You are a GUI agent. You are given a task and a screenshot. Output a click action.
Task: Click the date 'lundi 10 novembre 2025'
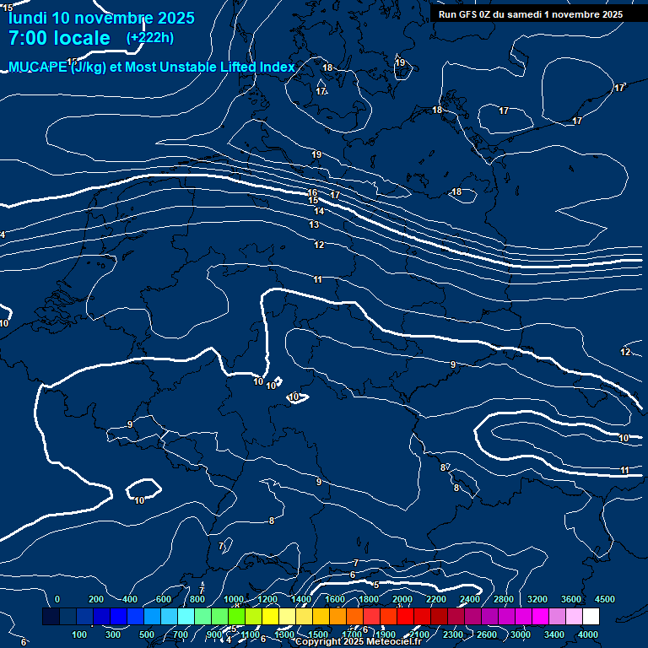(x=101, y=18)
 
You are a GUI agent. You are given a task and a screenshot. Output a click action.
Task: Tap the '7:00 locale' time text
(x=59, y=38)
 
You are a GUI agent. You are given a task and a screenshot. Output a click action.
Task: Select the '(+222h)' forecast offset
(x=149, y=38)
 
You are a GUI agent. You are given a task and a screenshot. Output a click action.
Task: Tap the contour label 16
(x=312, y=192)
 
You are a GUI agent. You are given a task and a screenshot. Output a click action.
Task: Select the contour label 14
(x=319, y=212)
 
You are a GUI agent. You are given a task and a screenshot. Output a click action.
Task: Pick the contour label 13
(x=314, y=225)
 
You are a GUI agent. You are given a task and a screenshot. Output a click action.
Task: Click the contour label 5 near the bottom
(x=376, y=584)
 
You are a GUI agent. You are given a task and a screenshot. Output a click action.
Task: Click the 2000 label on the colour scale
(x=402, y=599)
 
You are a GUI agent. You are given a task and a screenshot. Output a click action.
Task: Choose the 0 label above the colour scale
(x=57, y=599)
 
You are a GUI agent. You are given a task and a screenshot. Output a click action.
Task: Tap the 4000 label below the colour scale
(x=588, y=634)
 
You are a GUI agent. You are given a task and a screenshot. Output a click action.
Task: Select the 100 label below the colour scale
(x=80, y=634)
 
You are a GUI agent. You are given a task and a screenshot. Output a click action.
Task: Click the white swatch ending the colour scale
(x=591, y=617)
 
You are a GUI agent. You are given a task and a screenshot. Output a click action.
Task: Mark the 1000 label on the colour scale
(x=234, y=599)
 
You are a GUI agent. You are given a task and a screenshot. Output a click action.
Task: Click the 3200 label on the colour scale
(x=537, y=599)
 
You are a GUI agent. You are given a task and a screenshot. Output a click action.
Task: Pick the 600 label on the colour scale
(x=164, y=599)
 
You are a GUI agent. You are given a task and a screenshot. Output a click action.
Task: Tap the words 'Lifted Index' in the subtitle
(x=254, y=67)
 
